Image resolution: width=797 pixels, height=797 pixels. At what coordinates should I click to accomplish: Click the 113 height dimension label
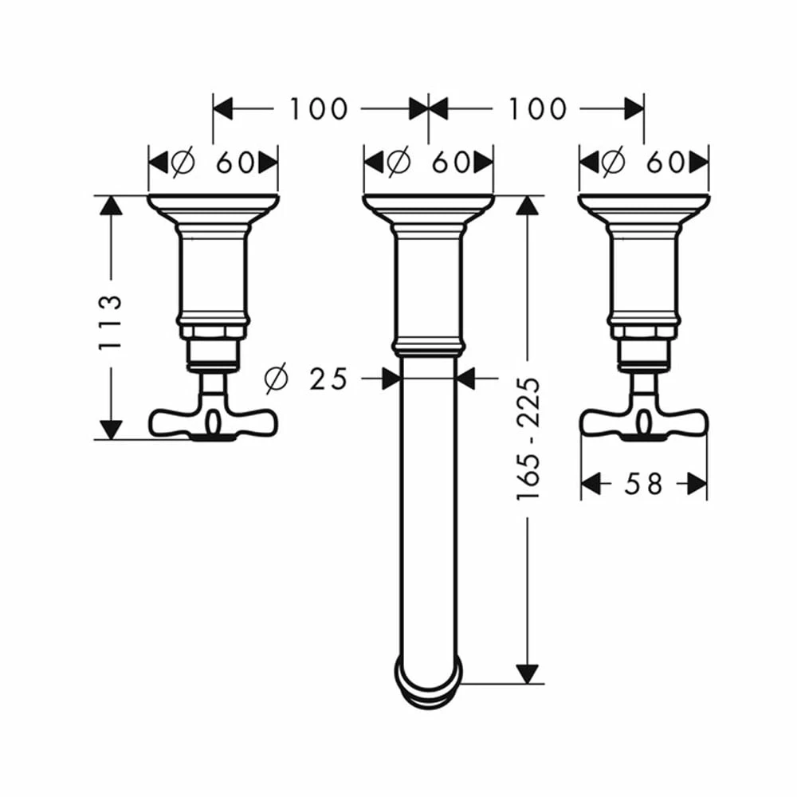pyautogui.click(x=110, y=322)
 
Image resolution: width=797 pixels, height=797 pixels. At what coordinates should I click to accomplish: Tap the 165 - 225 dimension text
pyautogui.click(x=528, y=438)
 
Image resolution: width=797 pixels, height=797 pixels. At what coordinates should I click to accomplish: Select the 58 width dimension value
pyautogui.click(x=644, y=483)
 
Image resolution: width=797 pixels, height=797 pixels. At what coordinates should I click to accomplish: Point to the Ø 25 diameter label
pyautogui.click(x=306, y=379)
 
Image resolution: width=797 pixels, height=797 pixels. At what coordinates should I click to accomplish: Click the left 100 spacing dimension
pyautogui.click(x=318, y=108)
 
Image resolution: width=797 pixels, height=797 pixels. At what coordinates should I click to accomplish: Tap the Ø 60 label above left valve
pyautogui.click(x=214, y=163)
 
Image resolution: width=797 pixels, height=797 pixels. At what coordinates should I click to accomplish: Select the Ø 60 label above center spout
pyautogui.click(x=429, y=163)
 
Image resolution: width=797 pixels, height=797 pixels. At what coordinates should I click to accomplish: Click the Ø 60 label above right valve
pyautogui.click(x=644, y=163)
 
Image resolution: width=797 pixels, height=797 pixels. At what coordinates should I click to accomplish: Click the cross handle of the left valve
pyautogui.click(x=213, y=421)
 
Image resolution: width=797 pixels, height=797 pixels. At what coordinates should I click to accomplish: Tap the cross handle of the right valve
pyautogui.click(x=643, y=421)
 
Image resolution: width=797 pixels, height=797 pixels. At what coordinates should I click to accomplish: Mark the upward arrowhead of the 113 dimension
pyautogui.click(x=111, y=206)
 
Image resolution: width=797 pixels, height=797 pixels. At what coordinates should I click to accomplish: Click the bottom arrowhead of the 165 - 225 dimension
pyautogui.click(x=525, y=673)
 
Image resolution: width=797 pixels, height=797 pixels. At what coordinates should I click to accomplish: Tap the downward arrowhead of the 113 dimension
pyautogui.click(x=111, y=429)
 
